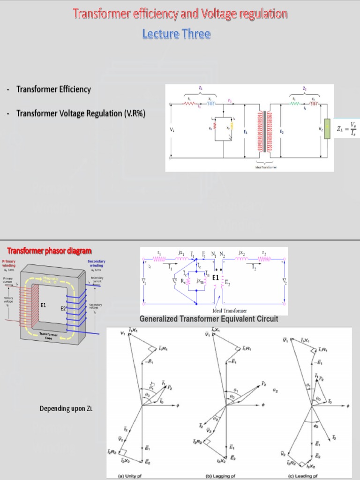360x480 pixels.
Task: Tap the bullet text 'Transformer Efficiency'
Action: tap(53, 89)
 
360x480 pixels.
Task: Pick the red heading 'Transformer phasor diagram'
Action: tap(49, 251)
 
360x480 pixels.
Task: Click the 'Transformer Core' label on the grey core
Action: tap(48, 336)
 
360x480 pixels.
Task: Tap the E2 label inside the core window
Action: tap(63, 308)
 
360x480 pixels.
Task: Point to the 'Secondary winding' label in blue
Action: tap(97, 263)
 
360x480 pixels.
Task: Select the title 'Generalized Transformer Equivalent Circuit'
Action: tap(209, 319)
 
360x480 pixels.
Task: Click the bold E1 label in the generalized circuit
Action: tap(216, 277)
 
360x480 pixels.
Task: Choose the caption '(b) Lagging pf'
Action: tap(220, 475)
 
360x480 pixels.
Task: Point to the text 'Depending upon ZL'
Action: tap(66, 408)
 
